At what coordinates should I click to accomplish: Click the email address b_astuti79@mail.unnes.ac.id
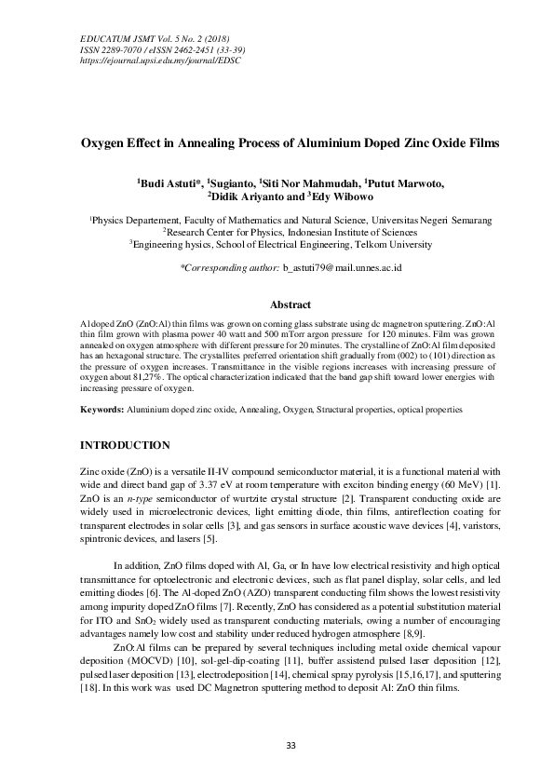pyautogui.click(x=342, y=268)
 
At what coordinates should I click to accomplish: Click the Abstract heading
pyautogui.click(x=289, y=304)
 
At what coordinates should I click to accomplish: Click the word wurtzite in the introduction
pyautogui.click(x=263, y=499)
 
